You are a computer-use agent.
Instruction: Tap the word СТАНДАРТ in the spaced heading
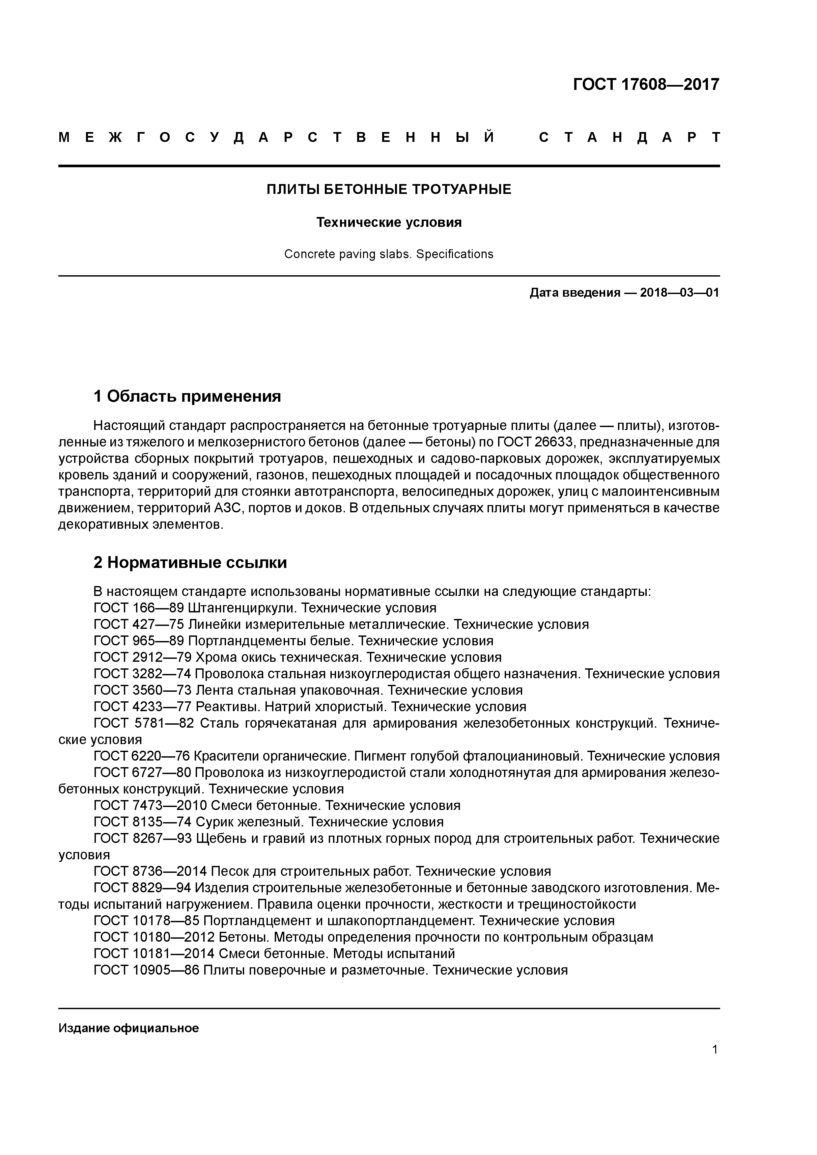tap(629, 137)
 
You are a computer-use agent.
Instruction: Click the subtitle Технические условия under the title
tap(389, 222)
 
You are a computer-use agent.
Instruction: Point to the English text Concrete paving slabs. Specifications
tap(389, 254)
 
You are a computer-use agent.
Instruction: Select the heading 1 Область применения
tap(187, 396)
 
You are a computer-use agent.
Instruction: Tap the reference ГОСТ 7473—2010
tap(150, 805)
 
